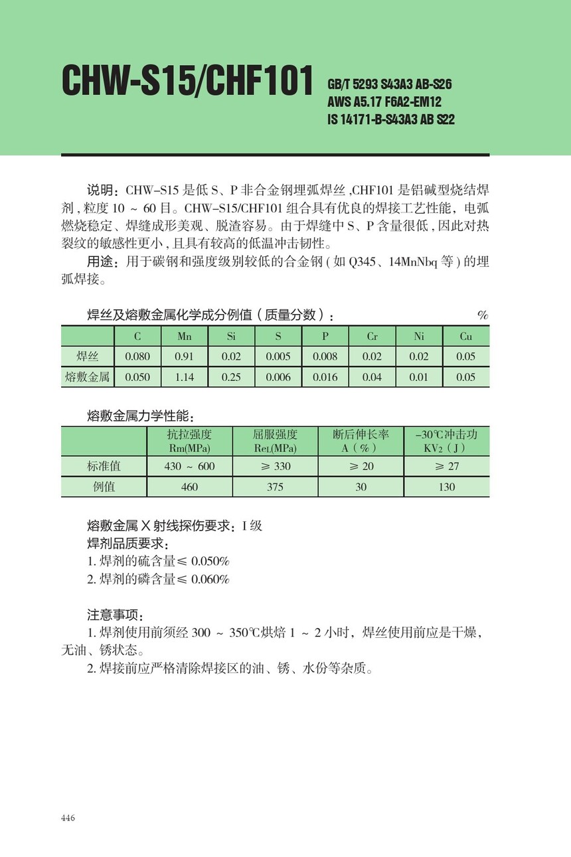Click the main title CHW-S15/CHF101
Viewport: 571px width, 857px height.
click(x=187, y=82)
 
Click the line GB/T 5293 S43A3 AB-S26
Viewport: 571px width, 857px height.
click(x=390, y=85)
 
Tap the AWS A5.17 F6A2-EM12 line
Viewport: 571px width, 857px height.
click(x=384, y=102)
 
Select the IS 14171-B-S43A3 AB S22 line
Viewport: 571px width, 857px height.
click(x=391, y=120)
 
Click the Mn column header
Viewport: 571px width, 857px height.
click(x=185, y=337)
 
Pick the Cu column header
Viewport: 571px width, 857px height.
click(x=466, y=337)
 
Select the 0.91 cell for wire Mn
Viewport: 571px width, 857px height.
click(x=185, y=356)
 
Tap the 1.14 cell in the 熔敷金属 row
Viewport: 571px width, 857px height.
click(x=185, y=377)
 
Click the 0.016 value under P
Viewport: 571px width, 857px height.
click(x=325, y=377)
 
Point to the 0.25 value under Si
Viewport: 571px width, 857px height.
click(x=231, y=377)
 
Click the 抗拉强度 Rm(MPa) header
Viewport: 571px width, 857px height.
click(x=189, y=441)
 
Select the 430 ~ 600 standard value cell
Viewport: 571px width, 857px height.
click(x=189, y=466)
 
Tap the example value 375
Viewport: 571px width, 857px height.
click(x=275, y=487)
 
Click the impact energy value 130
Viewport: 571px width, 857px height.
click(x=447, y=487)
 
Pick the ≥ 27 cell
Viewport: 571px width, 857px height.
click(x=447, y=466)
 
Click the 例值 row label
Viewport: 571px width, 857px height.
click(x=104, y=487)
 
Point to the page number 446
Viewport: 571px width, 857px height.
click(x=68, y=817)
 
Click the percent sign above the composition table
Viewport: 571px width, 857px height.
click(x=483, y=315)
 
